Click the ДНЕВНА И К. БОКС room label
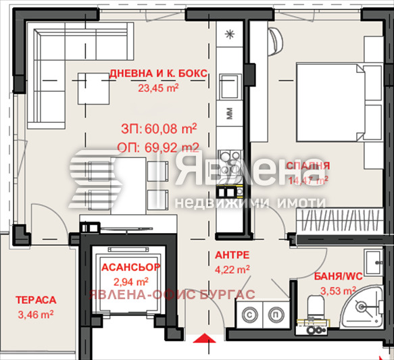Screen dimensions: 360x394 [157, 74]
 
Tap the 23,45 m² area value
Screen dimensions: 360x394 [158, 87]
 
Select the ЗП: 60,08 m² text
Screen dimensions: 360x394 [158, 128]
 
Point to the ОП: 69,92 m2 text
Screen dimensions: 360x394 [159, 147]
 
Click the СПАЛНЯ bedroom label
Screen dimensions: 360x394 [307, 165]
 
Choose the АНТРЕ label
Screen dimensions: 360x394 [233, 255]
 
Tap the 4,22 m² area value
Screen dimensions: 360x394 [233, 268]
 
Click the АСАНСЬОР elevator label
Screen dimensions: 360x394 [130, 267]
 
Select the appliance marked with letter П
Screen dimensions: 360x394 [276, 313]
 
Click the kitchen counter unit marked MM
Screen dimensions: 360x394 [229, 113]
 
